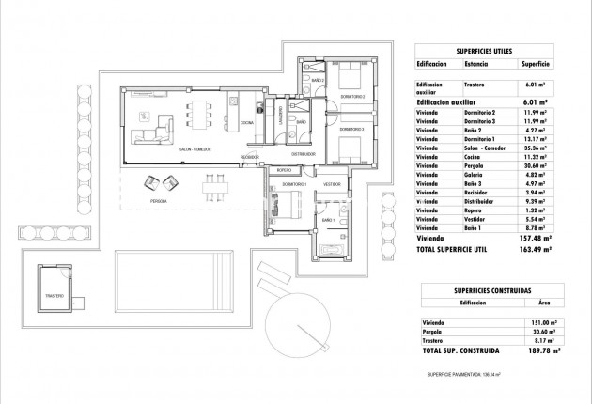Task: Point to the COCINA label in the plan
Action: coord(246,123)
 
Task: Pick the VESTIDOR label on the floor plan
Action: coord(332,185)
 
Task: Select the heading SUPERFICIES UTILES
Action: coord(485,49)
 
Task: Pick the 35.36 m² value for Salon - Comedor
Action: coord(536,148)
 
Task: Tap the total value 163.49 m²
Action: coord(537,251)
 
